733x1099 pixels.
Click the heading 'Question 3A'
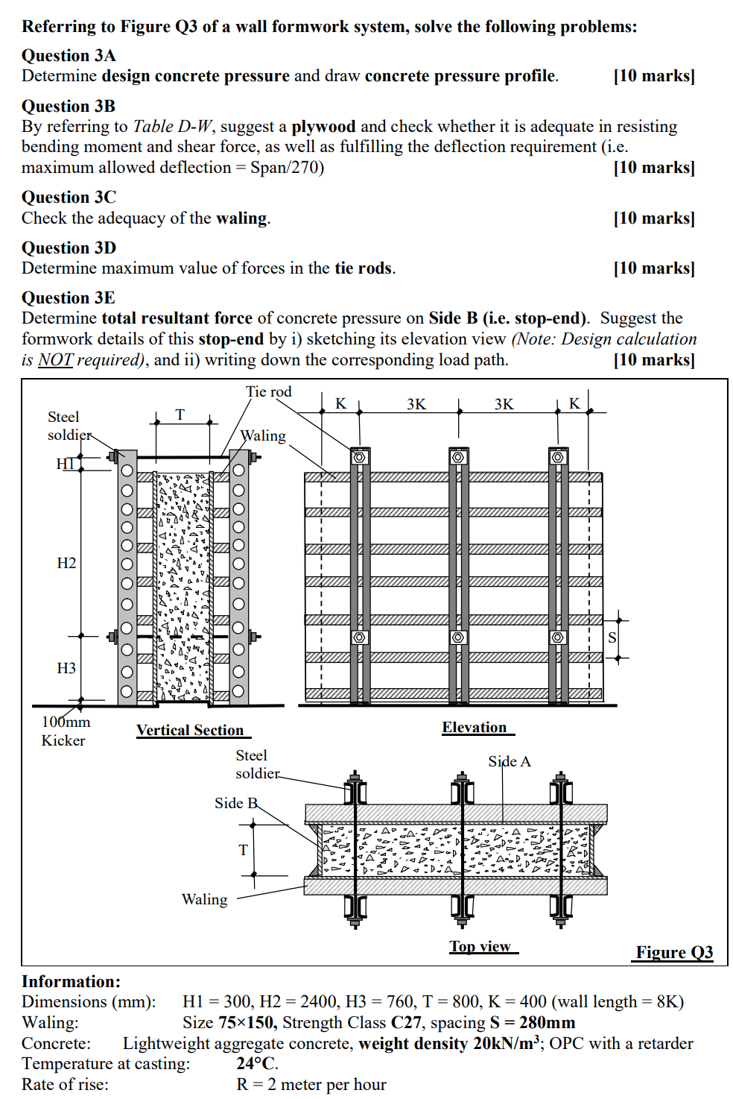(69, 56)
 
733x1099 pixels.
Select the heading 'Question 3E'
(69, 298)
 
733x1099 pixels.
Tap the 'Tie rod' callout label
(269, 391)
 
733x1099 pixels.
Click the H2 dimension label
(66, 563)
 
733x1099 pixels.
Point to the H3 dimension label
(66, 668)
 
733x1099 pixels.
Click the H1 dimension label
(66, 464)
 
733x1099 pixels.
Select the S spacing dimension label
(612, 637)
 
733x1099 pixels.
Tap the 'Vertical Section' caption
(190, 731)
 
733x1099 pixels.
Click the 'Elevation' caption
(475, 728)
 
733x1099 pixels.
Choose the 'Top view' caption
(480, 946)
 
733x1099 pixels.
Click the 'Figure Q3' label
(674, 952)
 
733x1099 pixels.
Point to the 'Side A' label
(510, 761)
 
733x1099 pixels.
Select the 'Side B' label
(235, 803)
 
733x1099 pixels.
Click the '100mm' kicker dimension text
(66, 722)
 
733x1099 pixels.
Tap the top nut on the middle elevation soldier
(458, 456)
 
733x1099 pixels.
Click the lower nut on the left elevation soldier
(360, 637)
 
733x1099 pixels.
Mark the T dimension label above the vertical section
(180, 415)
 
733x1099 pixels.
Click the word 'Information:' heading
(71, 982)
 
